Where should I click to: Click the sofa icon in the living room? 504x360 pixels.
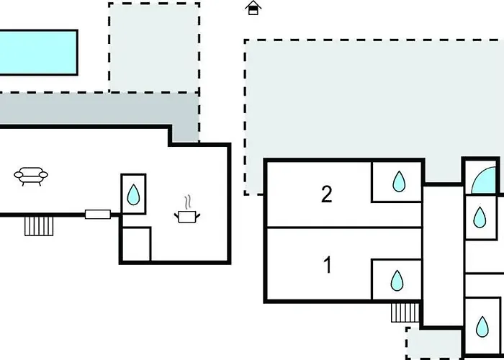tap(31, 176)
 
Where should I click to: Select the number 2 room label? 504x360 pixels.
tap(327, 194)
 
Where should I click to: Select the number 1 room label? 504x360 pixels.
tap(328, 265)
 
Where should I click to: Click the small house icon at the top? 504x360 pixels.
tap(253, 8)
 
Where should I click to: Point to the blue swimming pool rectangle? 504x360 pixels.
tap(38, 53)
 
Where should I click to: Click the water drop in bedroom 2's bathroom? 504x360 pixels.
tap(399, 181)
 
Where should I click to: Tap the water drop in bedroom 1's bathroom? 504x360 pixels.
tap(397, 281)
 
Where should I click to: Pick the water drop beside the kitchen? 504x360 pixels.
tap(133, 194)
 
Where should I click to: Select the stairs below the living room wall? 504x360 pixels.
tap(39, 226)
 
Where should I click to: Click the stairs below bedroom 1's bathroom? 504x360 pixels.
tap(405, 312)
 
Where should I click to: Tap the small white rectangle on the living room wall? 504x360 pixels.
tap(98, 215)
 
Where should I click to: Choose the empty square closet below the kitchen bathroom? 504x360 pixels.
tap(135, 244)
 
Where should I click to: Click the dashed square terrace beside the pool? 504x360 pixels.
tap(154, 48)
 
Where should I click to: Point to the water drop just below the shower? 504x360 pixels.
tap(480, 217)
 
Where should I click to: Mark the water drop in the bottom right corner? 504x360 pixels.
tap(482, 327)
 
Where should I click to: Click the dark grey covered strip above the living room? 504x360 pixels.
tap(96, 109)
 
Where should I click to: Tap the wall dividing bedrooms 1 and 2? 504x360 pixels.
tap(344, 228)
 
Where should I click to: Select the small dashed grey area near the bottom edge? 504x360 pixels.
tap(434, 343)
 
